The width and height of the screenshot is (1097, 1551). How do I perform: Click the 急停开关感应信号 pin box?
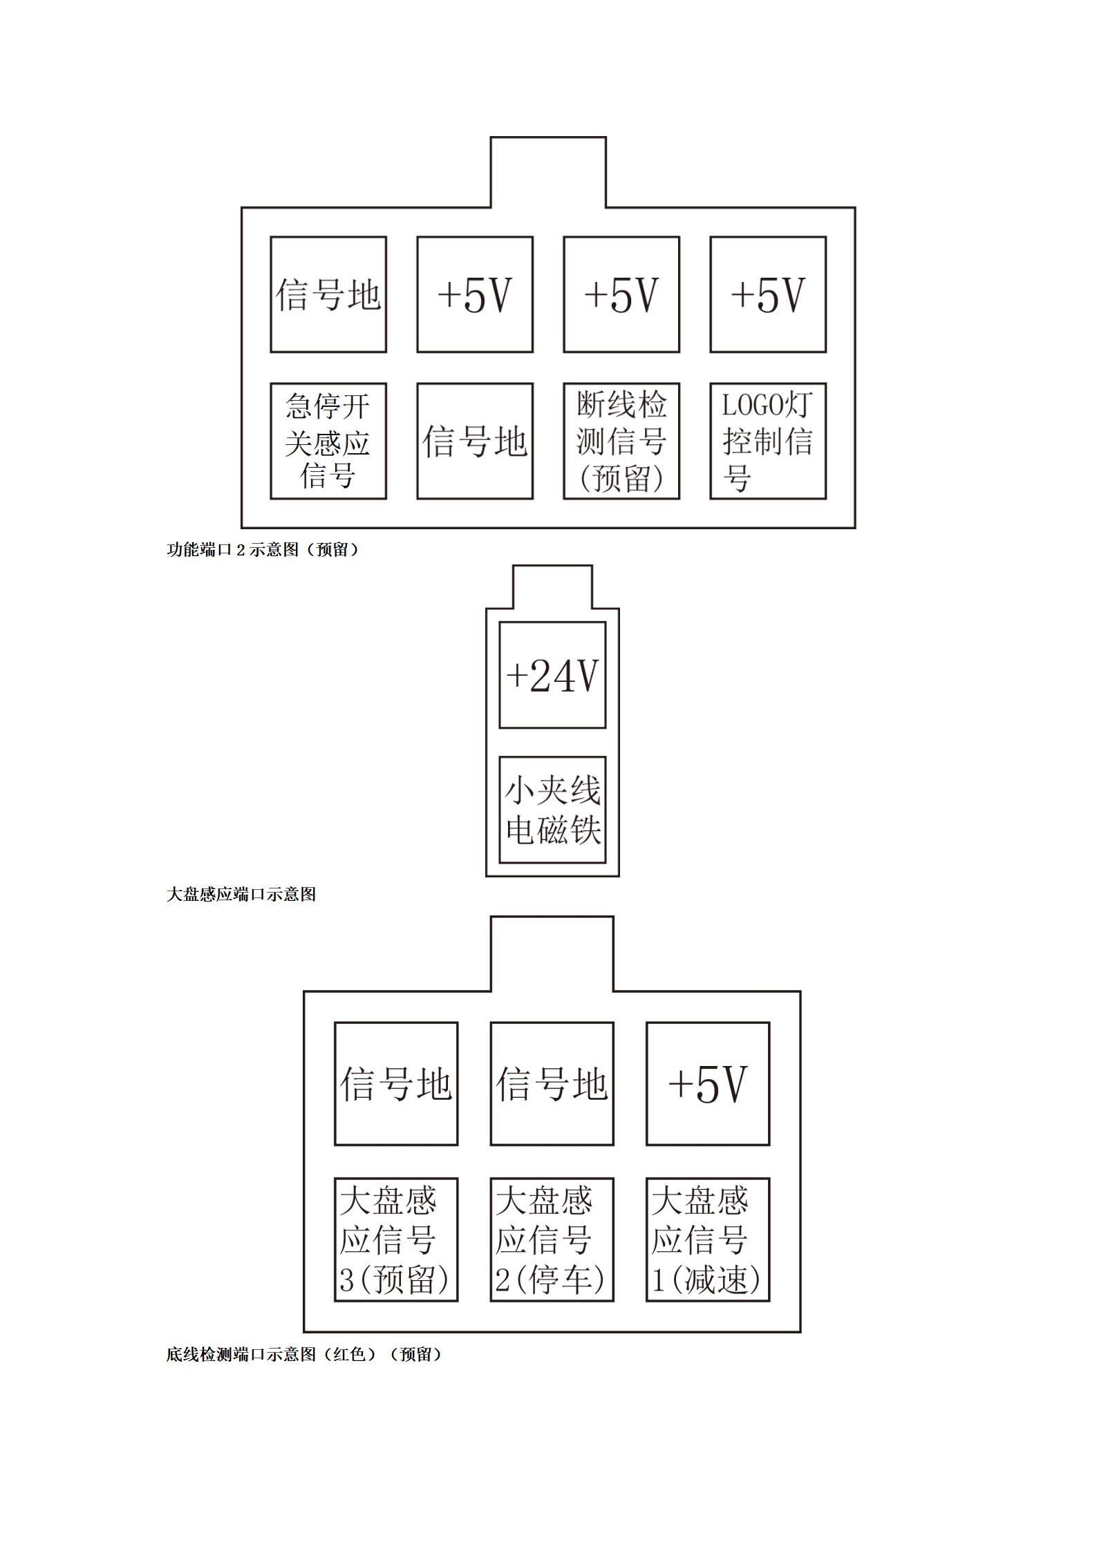tap(328, 441)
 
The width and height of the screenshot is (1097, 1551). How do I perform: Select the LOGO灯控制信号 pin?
tap(768, 441)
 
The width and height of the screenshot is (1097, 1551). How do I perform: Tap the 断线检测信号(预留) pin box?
tap(621, 441)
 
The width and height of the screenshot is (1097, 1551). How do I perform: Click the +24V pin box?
tap(552, 675)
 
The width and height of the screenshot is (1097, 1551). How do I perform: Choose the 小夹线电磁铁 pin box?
tap(552, 810)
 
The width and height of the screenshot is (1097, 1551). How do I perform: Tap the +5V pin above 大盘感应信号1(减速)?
tap(708, 1084)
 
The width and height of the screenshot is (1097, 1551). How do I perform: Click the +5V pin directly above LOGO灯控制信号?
tap(768, 294)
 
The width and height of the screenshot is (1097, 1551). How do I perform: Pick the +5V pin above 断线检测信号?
tap(621, 294)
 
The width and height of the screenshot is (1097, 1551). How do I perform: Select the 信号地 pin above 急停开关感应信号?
tap(328, 294)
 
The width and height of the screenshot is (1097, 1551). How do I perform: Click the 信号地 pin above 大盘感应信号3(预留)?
tap(396, 1084)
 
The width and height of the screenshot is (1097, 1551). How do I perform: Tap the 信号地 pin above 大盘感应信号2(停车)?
tap(552, 1084)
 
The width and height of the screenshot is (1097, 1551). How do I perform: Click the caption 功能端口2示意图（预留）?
tap(263, 550)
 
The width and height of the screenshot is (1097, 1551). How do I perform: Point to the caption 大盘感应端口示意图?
tap(241, 894)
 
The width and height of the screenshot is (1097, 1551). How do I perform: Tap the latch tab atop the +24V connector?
tap(552, 587)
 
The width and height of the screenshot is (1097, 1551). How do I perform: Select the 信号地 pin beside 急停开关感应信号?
tap(475, 441)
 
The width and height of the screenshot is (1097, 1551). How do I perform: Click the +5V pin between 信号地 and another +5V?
tap(475, 294)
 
